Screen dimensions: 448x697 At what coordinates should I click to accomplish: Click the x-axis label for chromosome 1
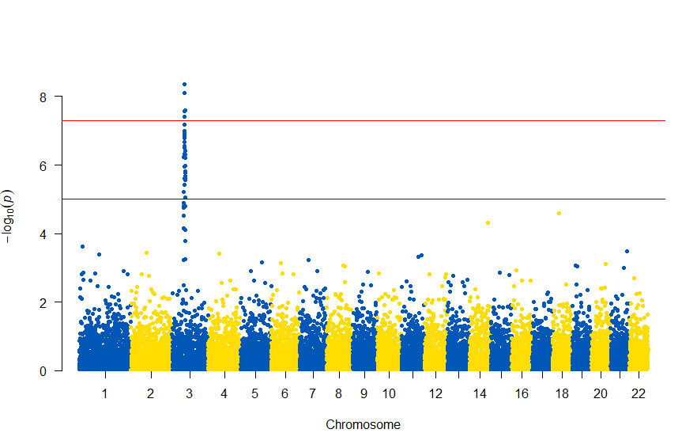tap(104, 393)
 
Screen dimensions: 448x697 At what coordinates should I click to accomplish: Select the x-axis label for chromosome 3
tap(189, 393)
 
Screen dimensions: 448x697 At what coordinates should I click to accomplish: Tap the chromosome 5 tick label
tap(254, 393)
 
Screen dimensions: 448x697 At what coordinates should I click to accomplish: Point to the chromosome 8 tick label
tap(338, 393)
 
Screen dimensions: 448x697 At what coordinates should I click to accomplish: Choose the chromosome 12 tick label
tap(435, 393)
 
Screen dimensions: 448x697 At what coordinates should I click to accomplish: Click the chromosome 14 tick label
tap(479, 393)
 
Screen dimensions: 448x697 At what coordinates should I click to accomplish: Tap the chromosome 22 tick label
tap(639, 393)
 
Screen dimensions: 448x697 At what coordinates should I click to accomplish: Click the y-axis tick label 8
tap(44, 97)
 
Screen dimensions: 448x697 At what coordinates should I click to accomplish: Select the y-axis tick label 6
tap(44, 165)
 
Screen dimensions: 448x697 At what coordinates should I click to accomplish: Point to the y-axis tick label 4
tap(44, 233)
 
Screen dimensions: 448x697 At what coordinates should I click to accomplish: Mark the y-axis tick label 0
tap(44, 370)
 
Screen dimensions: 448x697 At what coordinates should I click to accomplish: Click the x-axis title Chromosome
tap(363, 425)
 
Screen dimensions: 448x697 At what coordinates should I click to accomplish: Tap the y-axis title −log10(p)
tap(9, 216)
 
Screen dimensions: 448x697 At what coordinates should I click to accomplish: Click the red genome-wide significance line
tap(395, 120)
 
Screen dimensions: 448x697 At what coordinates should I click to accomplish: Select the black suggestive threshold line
tap(395, 199)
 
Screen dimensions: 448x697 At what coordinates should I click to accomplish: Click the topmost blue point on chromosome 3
tap(184, 84)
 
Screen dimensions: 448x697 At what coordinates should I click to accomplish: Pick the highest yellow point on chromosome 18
tap(559, 213)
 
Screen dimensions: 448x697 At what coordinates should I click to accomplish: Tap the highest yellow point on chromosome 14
tap(488, 222)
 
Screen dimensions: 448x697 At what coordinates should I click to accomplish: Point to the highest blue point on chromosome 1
tap(82, 247)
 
